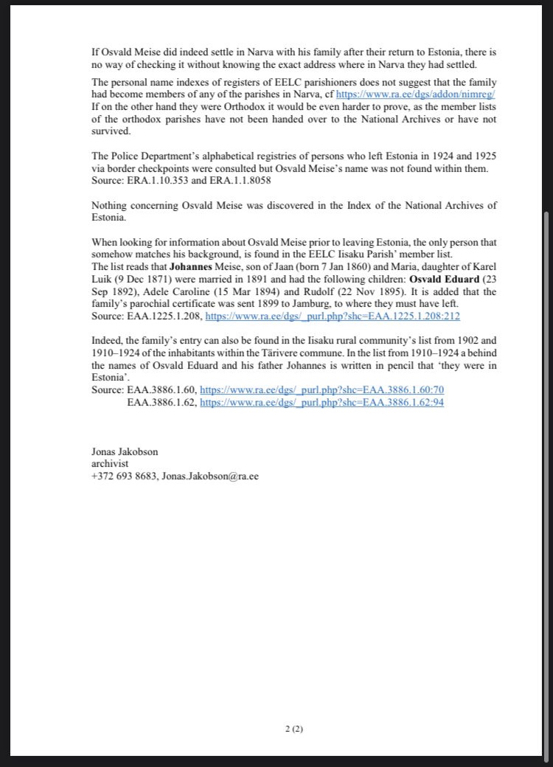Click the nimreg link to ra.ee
[x=415, y=95]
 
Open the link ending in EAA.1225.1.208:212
[x=332, y=316]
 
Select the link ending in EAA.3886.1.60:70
[x=322, y=389]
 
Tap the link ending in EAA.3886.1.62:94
[x=322, y=403]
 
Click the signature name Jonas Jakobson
[x=125, y=451]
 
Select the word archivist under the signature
[x=110, y=463]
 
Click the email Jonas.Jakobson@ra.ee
[x=210, y=476]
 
